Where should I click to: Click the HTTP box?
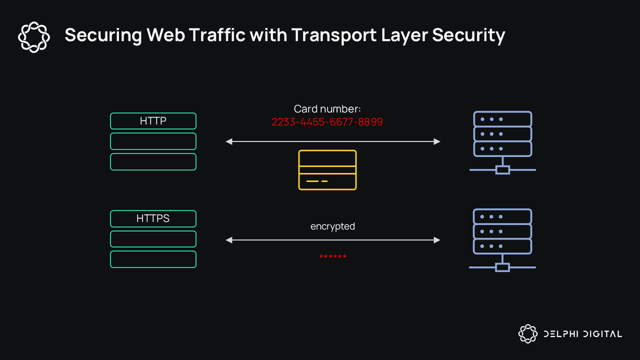click(153, 121)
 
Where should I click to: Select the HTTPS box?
click(153, 219)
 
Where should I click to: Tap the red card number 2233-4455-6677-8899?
click(327, 122)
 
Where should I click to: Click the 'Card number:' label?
click(327, 109)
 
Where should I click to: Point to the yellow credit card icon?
click(327, 170)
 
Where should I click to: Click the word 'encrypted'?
click(333, 226)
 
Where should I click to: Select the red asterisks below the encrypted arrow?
click(333, 258)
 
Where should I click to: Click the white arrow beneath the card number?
click(333, 141)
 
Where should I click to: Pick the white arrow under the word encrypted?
click(333, 240)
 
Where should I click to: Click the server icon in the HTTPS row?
click(502, 241)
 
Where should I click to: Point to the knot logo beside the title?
click(34, 37)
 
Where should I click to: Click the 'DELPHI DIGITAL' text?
click(582, 334)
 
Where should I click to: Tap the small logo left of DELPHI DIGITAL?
click(527, 334)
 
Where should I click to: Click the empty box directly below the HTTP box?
click(153, 141)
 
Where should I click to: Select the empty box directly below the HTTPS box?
click(153, 239)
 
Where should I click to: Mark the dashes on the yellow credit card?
click(317, 182)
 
